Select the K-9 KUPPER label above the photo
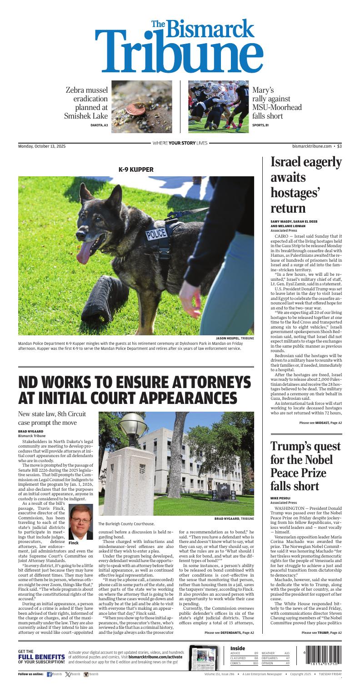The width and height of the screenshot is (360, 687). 136,169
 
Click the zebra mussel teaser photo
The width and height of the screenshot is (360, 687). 142,107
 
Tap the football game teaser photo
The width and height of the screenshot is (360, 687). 218,107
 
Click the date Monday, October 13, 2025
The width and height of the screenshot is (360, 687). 42,146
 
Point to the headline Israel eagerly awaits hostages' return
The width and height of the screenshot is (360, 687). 306,185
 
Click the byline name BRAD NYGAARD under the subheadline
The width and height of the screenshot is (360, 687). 30,431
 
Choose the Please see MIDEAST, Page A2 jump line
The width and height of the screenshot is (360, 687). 320,423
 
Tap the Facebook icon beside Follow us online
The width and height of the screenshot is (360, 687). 50,674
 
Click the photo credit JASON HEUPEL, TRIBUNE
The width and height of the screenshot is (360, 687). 235,338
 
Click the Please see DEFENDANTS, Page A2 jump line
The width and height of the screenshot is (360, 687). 229,632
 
